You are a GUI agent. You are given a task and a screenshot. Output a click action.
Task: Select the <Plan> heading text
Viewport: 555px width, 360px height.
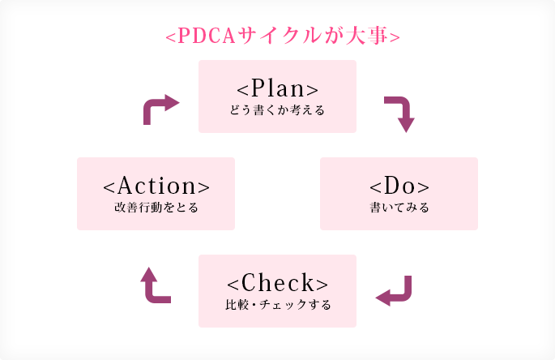tap(277, 88)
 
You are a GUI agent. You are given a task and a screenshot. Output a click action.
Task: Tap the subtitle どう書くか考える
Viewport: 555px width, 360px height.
tap(277, 109)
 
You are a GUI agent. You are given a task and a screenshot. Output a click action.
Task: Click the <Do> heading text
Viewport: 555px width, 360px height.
tap(399, 185)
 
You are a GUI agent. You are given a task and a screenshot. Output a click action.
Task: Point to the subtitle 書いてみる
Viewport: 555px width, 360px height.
tap(399, 207)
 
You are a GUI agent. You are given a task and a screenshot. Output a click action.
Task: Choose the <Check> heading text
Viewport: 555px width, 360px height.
tap(277, 282)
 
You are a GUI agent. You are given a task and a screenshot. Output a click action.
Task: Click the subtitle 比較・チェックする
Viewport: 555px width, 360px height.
tap(277, 305)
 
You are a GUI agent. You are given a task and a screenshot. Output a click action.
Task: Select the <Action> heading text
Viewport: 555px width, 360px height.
tap(156, 185)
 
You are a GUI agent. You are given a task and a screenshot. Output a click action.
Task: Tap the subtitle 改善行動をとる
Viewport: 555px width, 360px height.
tap(156, 207)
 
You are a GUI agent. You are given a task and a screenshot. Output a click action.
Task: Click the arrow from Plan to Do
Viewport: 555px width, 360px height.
tap(400, 114)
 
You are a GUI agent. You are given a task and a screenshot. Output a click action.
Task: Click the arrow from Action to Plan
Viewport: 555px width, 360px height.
tap(159, 108)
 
